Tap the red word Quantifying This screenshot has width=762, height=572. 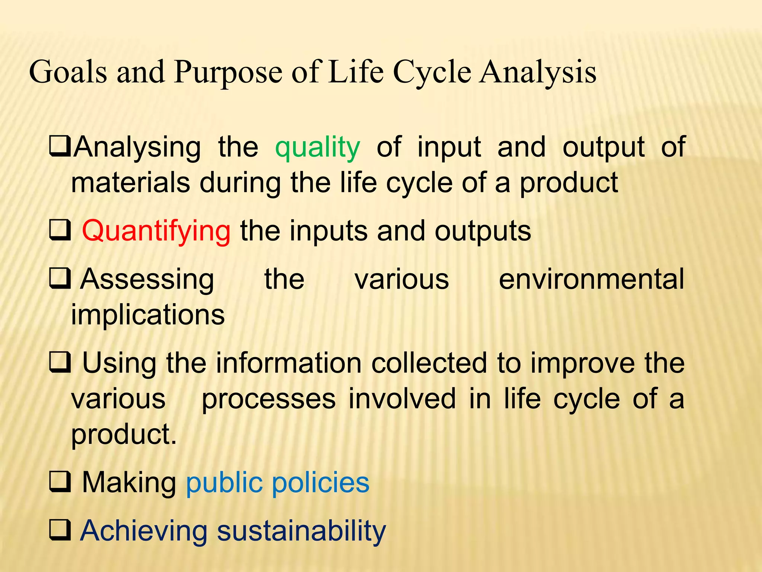pyautogui.click(x=156, y=231)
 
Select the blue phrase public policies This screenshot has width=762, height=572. pyautogui.click(x=277, y=483)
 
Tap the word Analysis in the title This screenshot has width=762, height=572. pyautogui.click(x=538, y=72)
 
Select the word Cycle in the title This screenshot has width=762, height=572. pyautogui.click(x=432, y=72)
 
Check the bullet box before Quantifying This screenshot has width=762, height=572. pyautogui.click(x=60, y=231)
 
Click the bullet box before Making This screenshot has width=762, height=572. pyautogui.click(x=60, y=483)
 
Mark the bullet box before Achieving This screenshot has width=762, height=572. pyautogui.click(x=60, y=531)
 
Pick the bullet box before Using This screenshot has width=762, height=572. pyautogui.click(x=60, y=363)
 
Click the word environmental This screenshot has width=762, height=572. pyautogui.click(x=591, y=279)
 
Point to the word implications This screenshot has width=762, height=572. pyautogui.click(x=148, y=315)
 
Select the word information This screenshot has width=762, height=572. pyautogui.click(x=289, y=363)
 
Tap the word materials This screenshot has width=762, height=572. pyautogui.click(x=130, y=183)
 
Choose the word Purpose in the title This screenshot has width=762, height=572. pyautogui.click(x=228, y=72)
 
